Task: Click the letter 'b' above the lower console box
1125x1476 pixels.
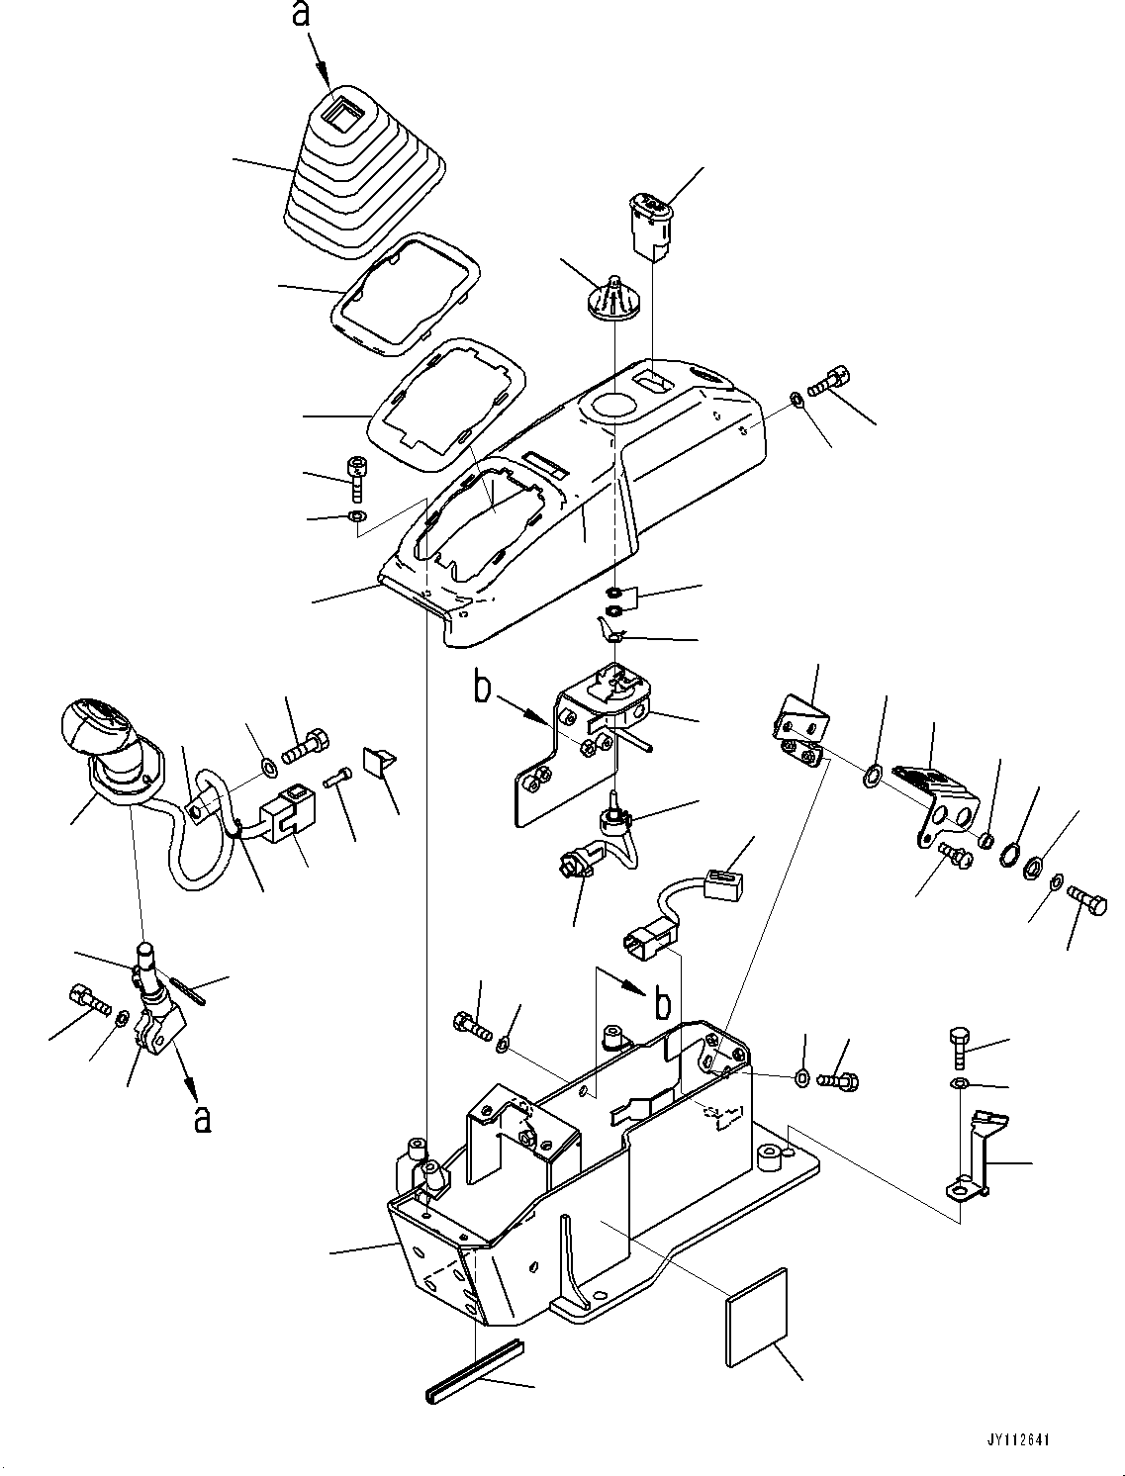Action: (663, 1002)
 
